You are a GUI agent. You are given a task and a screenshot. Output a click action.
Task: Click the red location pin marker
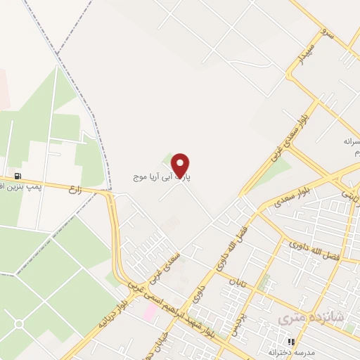pos(181,165)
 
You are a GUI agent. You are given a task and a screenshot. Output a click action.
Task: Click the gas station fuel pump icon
pos(17,176)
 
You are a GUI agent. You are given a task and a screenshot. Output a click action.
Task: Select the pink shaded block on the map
pos(150,310)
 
